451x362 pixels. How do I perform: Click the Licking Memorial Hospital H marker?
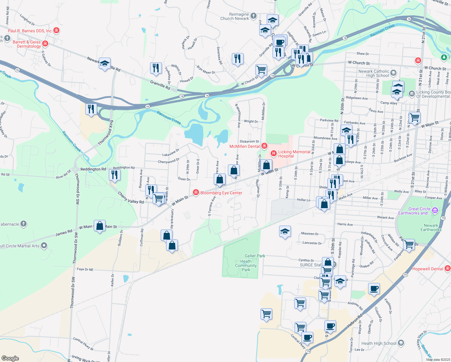274,154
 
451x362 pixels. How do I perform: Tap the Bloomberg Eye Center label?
221,193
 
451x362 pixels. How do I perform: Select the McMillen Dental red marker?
264,146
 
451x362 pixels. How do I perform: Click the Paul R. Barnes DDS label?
30,31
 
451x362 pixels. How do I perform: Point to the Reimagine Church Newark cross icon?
254,16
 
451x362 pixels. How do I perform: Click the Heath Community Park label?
246,265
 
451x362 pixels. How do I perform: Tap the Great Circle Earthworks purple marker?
435,210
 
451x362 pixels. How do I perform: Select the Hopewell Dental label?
427,269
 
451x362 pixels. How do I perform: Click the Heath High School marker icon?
401,343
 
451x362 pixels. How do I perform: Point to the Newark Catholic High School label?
374,74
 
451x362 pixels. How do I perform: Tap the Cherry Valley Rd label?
131,198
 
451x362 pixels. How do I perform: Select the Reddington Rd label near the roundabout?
93,169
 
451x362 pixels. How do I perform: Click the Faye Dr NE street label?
85,269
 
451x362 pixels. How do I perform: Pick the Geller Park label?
255,256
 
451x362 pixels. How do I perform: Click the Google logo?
10,358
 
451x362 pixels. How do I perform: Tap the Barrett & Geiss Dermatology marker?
45,44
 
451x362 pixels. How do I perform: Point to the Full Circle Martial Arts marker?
44,246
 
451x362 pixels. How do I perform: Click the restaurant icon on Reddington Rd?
115,175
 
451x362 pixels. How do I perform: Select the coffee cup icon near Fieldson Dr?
374,289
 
